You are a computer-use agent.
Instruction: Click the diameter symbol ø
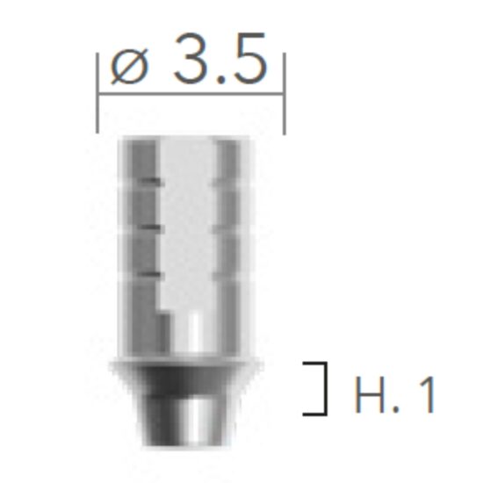coord(129,68)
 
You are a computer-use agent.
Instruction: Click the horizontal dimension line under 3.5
coord(191,90)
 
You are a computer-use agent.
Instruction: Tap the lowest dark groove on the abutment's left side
coord(153,276)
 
